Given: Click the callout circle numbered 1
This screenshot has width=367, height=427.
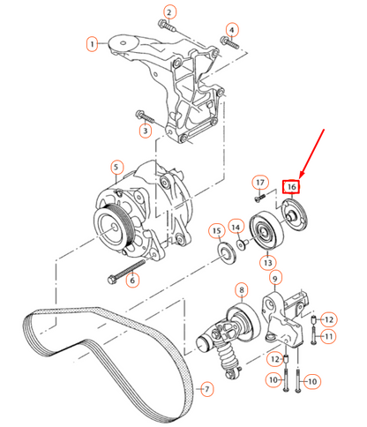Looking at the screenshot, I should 92,42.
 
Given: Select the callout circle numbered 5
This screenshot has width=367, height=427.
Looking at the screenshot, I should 116,166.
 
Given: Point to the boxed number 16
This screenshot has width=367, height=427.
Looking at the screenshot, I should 291,186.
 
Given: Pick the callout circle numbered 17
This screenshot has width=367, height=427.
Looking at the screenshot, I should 259,183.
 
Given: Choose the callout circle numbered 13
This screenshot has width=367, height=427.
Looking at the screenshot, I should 266,262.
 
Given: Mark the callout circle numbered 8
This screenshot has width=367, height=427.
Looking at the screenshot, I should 239,290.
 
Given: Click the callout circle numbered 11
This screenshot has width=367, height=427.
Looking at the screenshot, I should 327,336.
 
